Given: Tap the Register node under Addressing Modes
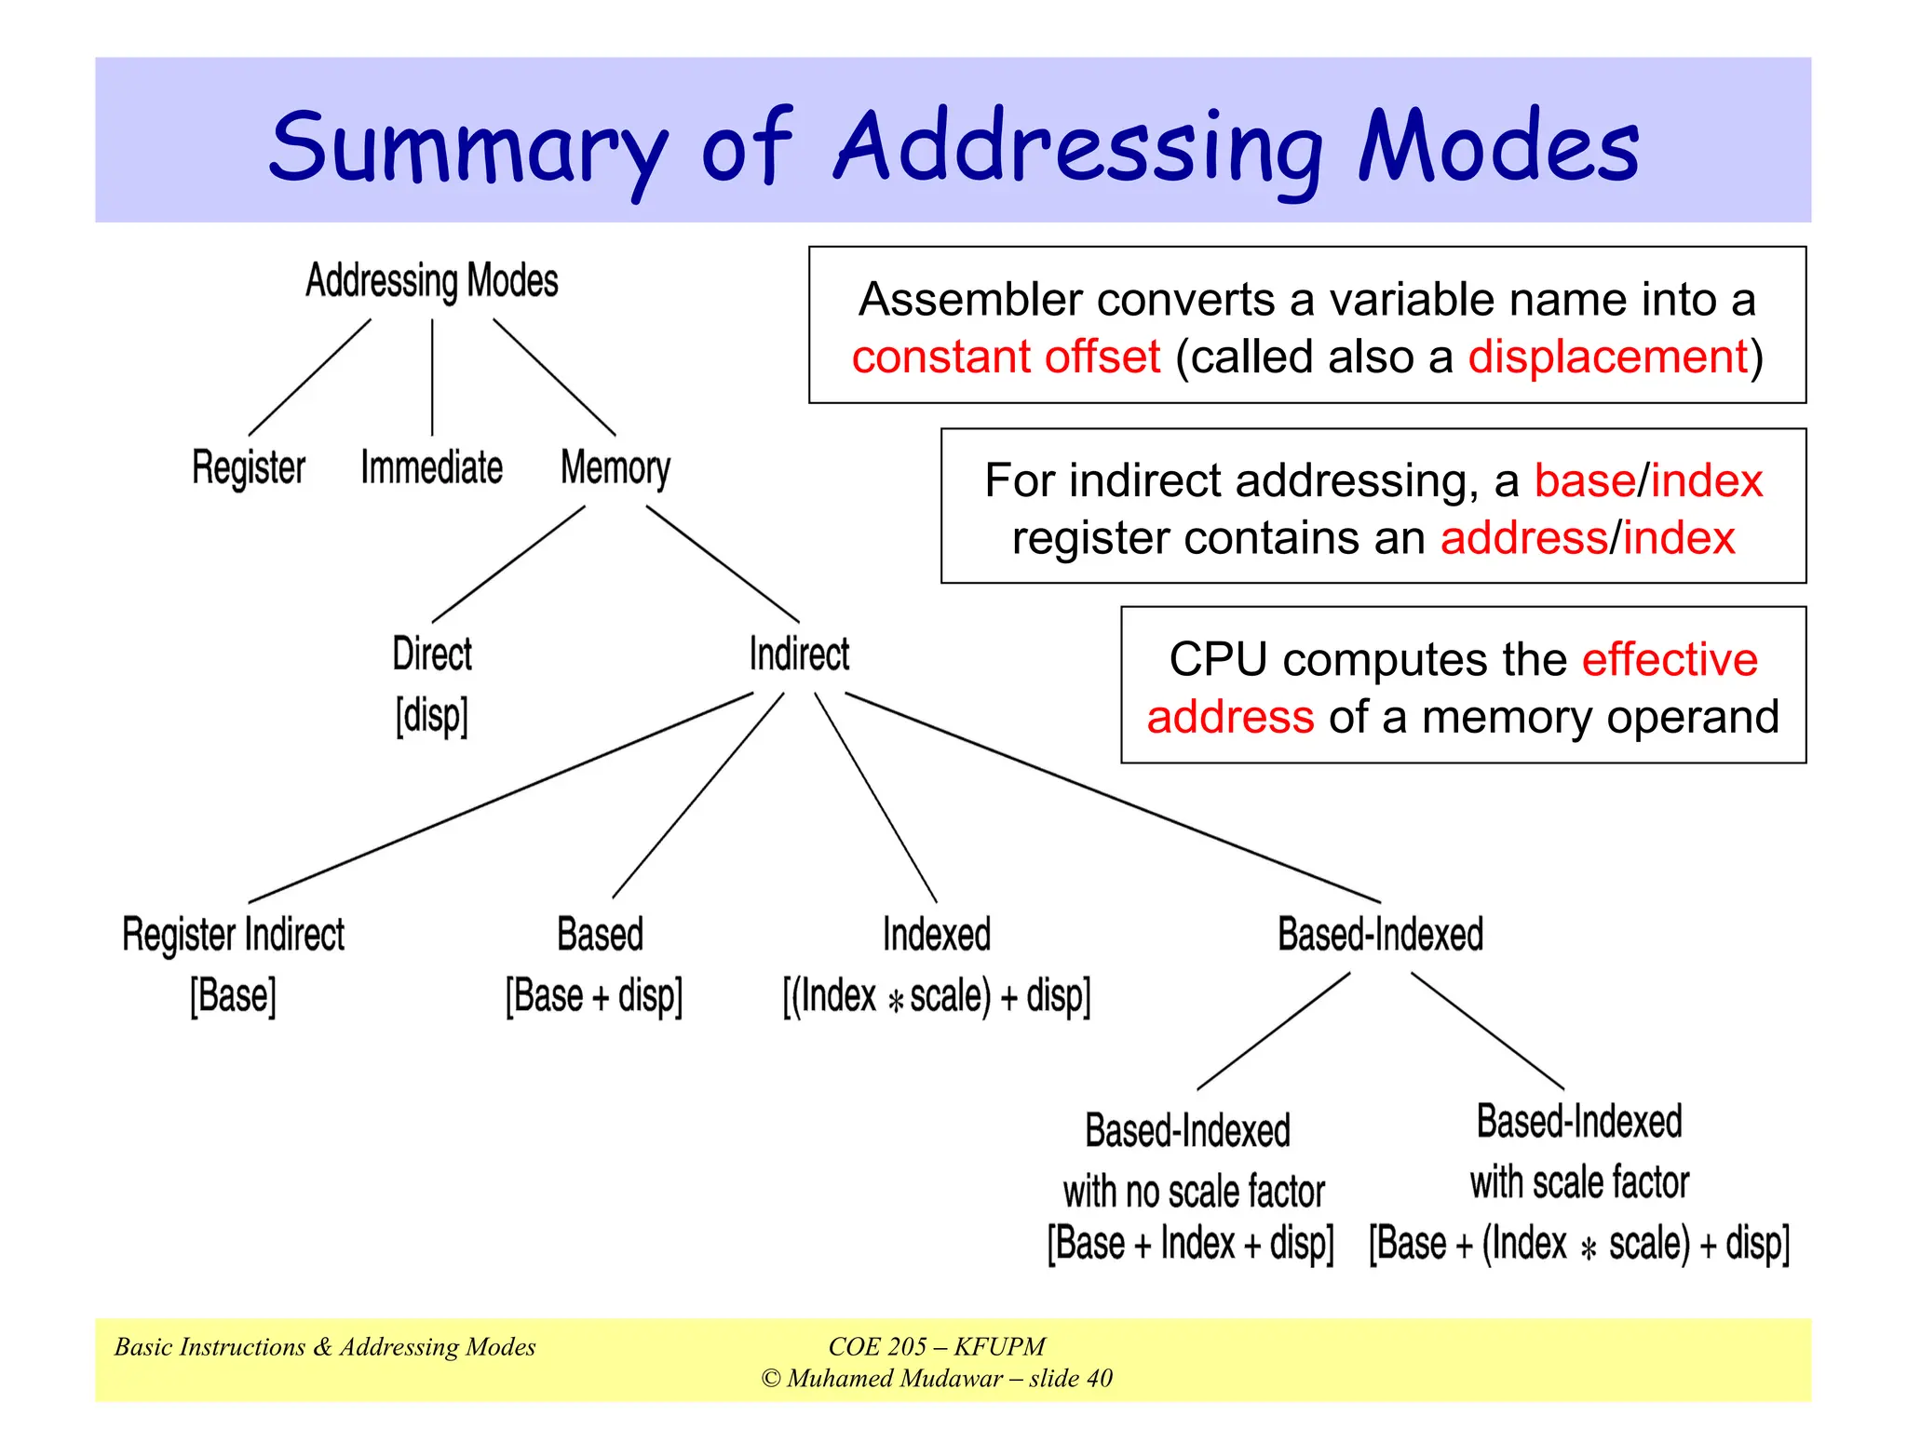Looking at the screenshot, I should tap(249, 467).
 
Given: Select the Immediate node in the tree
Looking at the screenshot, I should tap(431, 467).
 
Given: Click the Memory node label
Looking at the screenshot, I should tap(615, 468).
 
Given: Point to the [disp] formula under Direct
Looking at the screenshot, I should tap(431, 716).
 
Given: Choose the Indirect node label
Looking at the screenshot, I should tap(799, 654).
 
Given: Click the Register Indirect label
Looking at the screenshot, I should tap(233, 935).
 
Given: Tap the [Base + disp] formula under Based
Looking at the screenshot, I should tap(594, 996).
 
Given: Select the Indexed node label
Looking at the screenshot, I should tap(936, 935).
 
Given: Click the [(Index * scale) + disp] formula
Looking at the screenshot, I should tap(936, 996).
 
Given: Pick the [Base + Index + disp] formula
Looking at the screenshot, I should tap(1190, 1244).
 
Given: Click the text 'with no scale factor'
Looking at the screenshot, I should tap(1193, 1192).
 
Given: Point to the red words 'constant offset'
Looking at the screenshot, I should tap(1006, 357).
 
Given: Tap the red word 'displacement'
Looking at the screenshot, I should tap(1608, 357).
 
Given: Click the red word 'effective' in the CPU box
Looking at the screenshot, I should tap(1670, 659).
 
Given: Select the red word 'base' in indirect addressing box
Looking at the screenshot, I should tap(1584, 481).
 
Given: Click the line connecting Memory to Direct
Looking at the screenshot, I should tap(508, 564).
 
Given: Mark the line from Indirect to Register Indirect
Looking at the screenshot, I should tap(501, 798).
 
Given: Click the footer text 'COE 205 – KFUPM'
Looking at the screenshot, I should tap(936, 1346).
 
